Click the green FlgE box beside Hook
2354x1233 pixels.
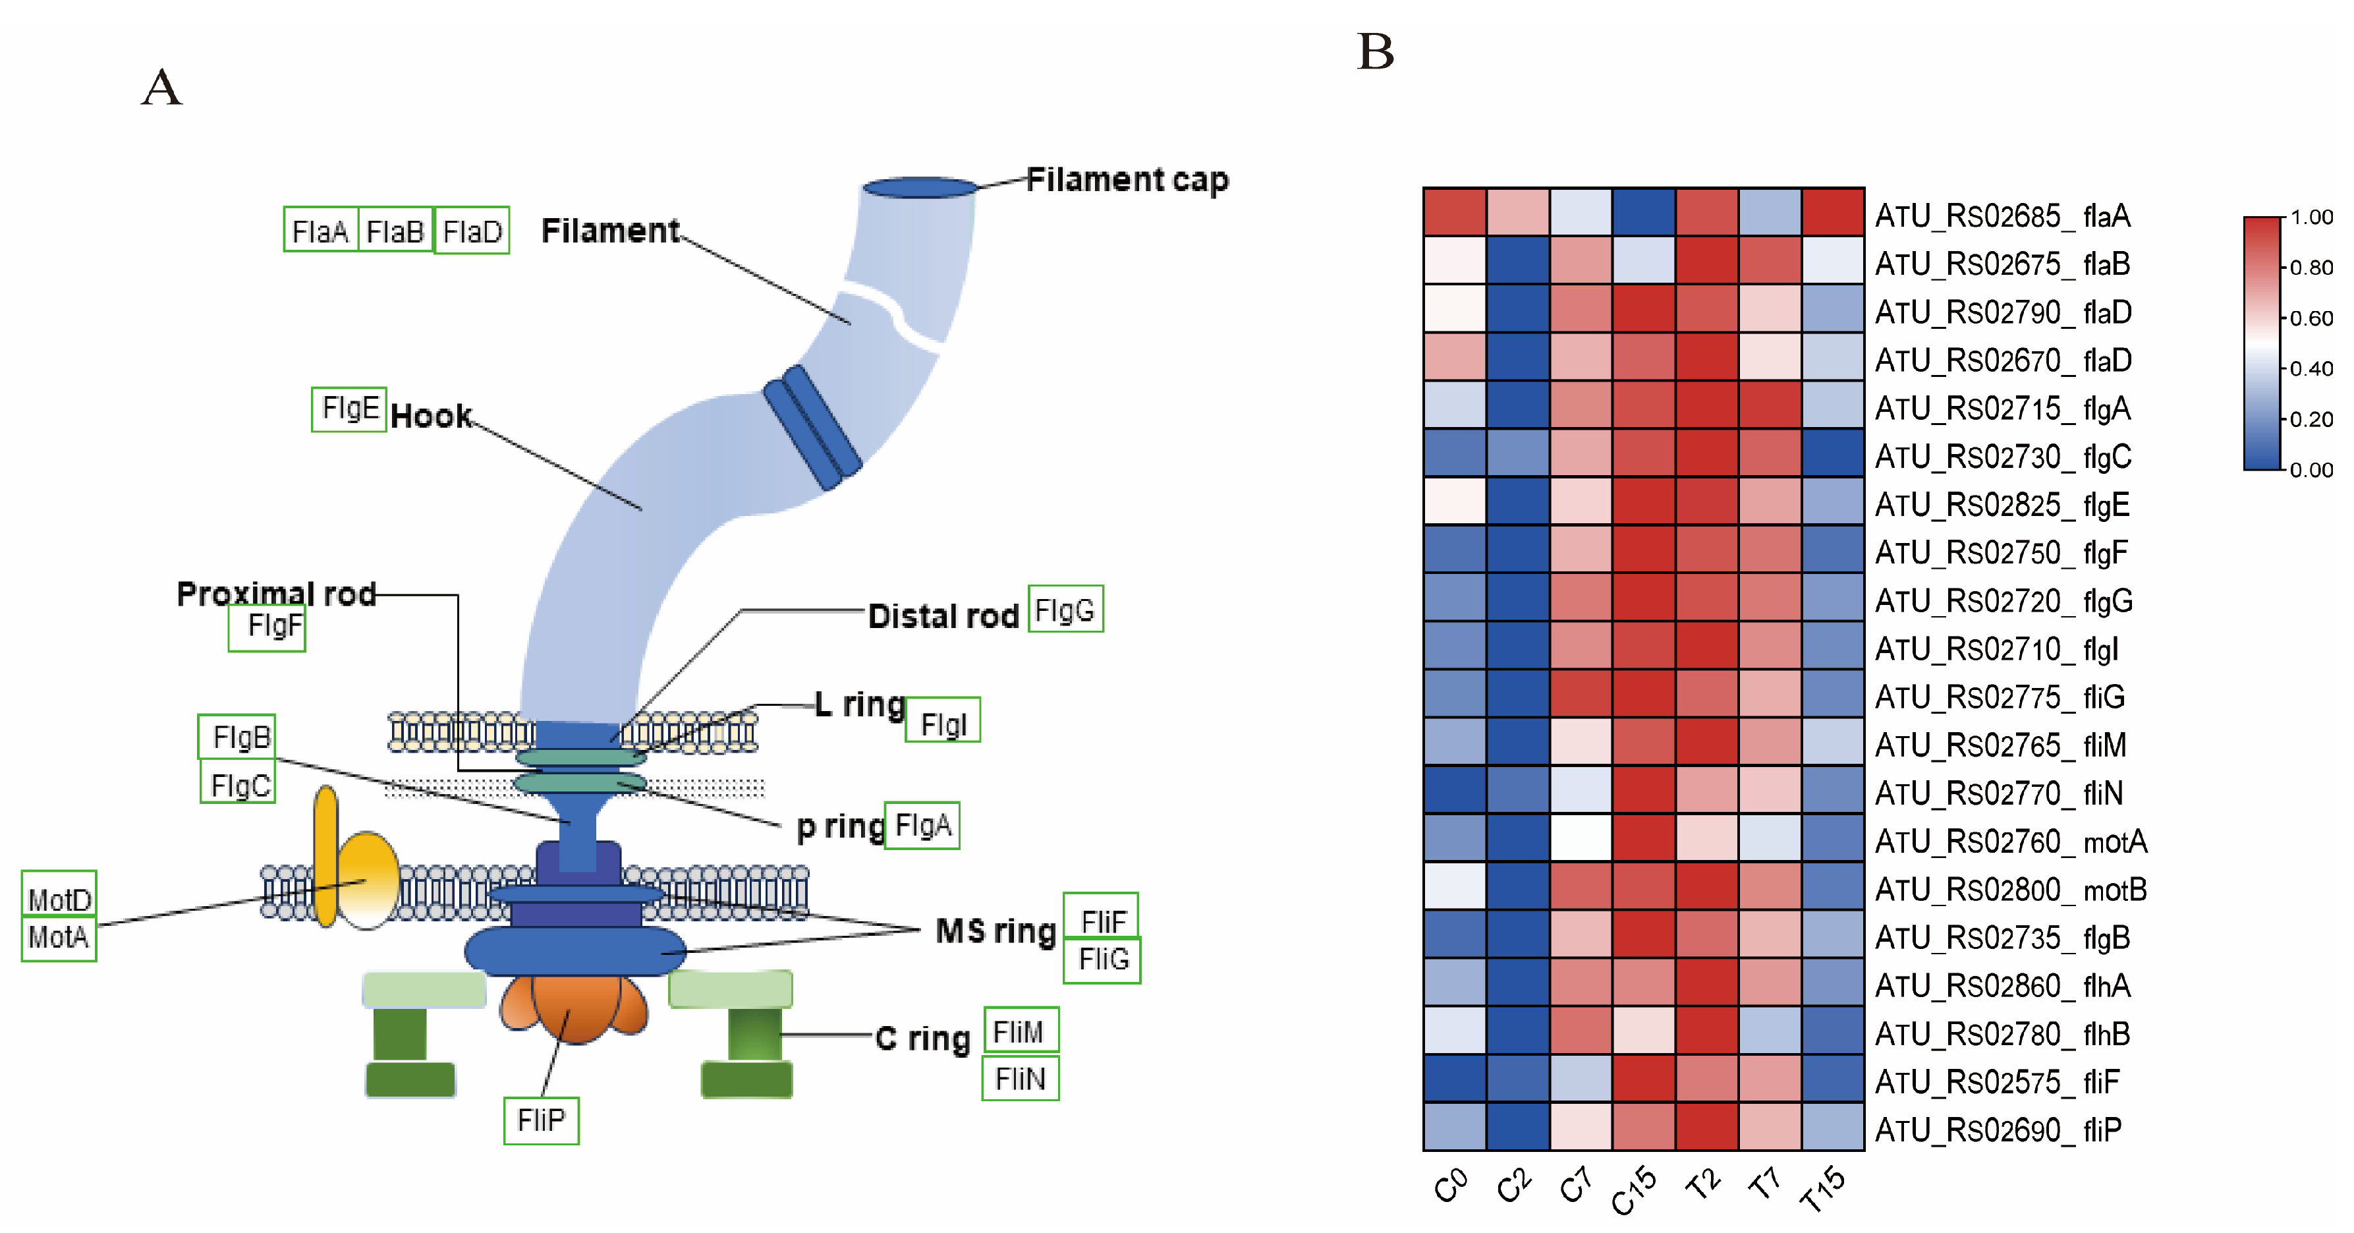point(349,409)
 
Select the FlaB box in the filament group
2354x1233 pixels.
point(395,231)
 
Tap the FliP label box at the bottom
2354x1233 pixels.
point(541,1120)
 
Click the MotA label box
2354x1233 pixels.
point(59,938)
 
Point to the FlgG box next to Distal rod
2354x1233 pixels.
point(1065,610)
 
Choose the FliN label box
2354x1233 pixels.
point(1020,1079)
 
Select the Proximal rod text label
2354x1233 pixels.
point(276,594)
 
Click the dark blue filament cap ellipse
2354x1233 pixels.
point(920,187)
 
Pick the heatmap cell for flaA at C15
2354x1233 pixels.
point(1643,212)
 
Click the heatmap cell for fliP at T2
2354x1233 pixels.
point(1706,1126)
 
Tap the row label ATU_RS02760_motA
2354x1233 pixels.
point(2010,841)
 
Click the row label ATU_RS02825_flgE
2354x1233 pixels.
point(2002,505)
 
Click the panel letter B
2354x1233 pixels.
point(1375,51)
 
